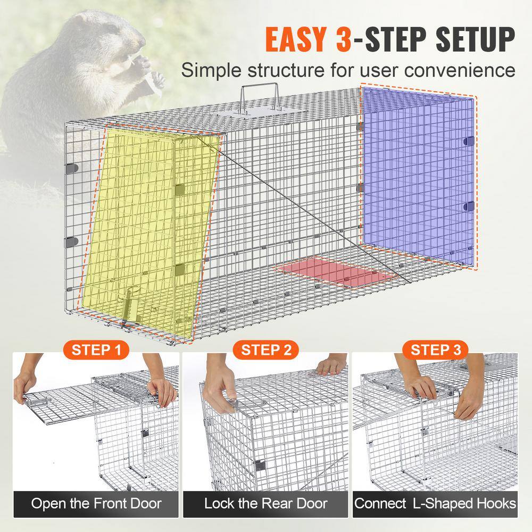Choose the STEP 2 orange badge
(266, 350)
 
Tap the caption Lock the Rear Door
(266, 503)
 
